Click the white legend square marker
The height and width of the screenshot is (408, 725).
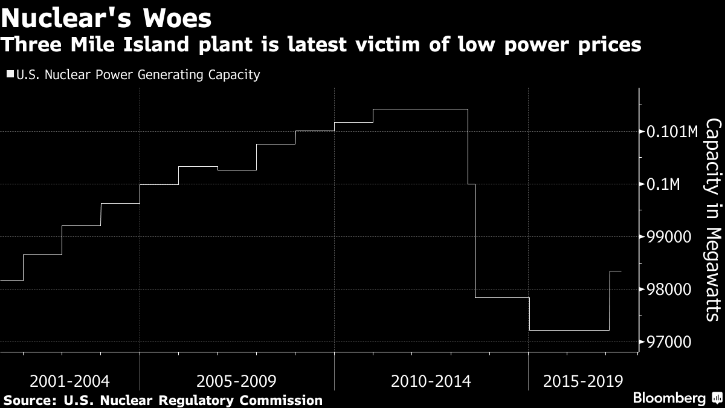click(10, 75)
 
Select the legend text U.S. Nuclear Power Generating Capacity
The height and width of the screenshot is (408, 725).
click(138, 75)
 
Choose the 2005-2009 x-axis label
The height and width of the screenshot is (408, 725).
click(237, 382)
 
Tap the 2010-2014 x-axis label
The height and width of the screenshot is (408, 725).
click(431, 382)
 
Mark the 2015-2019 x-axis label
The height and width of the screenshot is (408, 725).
click(582, 382)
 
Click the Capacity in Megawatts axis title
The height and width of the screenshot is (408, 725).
click(713, 219)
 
